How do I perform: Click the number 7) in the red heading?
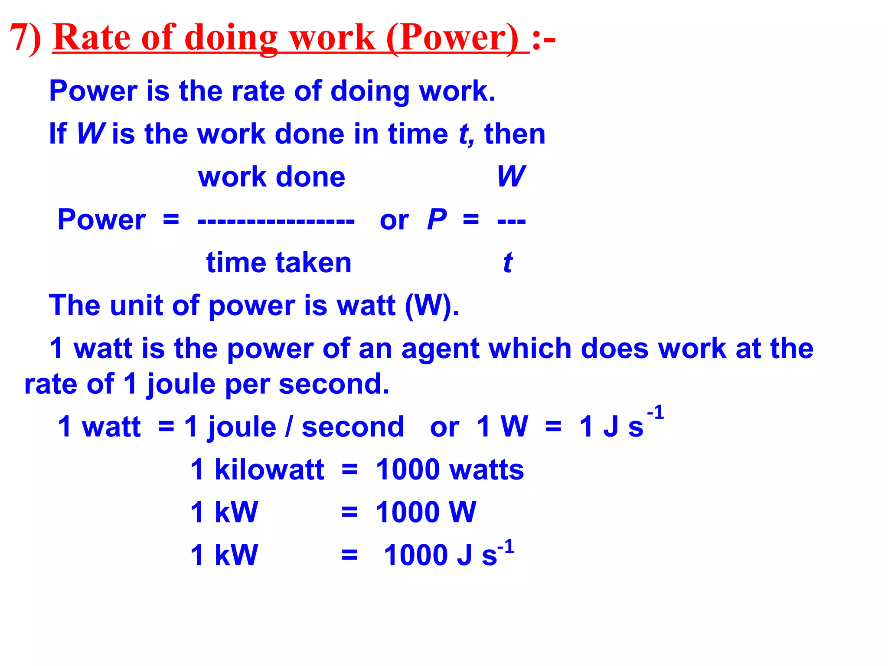point(25,38)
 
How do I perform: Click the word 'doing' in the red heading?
point(231,38)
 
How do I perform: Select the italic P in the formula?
point(437,219)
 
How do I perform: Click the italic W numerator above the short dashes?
point(511,176)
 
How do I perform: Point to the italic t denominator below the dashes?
point(508,262)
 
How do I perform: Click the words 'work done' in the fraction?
point(271,177)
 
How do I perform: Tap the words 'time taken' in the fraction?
point(279,262)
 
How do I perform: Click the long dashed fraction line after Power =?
point(276,222)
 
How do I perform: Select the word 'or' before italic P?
point(394,220)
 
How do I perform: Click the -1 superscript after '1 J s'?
point(656,412)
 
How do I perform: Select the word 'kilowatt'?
point(269,469)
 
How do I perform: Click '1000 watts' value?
point(450,469)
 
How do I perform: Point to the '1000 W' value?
point(426,512)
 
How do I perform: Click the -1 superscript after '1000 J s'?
point(506,547)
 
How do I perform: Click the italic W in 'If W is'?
point(91,134)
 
